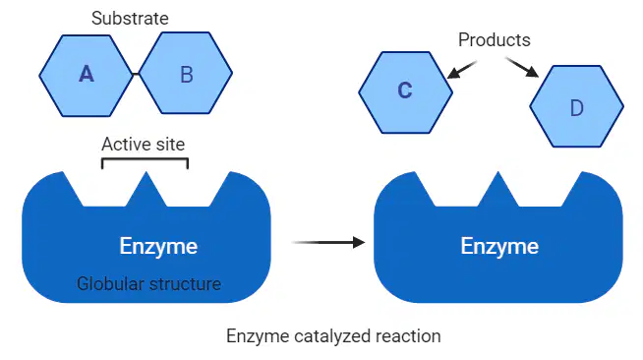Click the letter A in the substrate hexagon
87,75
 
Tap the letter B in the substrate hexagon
187,75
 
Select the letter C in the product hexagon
405,90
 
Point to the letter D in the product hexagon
577,108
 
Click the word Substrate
130,19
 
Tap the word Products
495,40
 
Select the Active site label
144,145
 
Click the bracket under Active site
145,159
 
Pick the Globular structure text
148,283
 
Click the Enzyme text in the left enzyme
158,246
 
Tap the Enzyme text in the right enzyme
499,246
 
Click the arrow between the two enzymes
328,242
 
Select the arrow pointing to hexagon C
462,70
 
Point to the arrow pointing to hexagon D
522,67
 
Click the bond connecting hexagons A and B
136,74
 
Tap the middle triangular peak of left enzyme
146,189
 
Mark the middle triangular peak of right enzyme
498,189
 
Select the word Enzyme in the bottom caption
258,336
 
